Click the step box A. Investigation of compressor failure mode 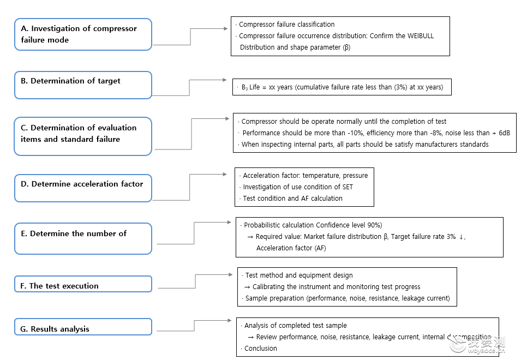click(83, 34)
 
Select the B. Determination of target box click(83, 85)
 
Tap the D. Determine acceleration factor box click(83, 188)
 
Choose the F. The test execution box click(83, 284)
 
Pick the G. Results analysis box click(83, 327)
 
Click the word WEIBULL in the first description click(420, 36)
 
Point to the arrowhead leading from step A click(225, 28)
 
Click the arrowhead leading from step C click(227, 118)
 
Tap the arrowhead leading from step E click(229, 222)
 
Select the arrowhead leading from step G click(229, 321)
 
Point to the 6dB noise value click(504, 133)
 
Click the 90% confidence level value click(374, 225)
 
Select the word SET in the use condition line click(348, 187)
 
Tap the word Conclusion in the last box click(261, 349)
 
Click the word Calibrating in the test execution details click(269, 287)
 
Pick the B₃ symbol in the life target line click(244, 87)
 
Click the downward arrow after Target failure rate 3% click(461, 237)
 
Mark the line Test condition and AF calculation click(293, 199)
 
